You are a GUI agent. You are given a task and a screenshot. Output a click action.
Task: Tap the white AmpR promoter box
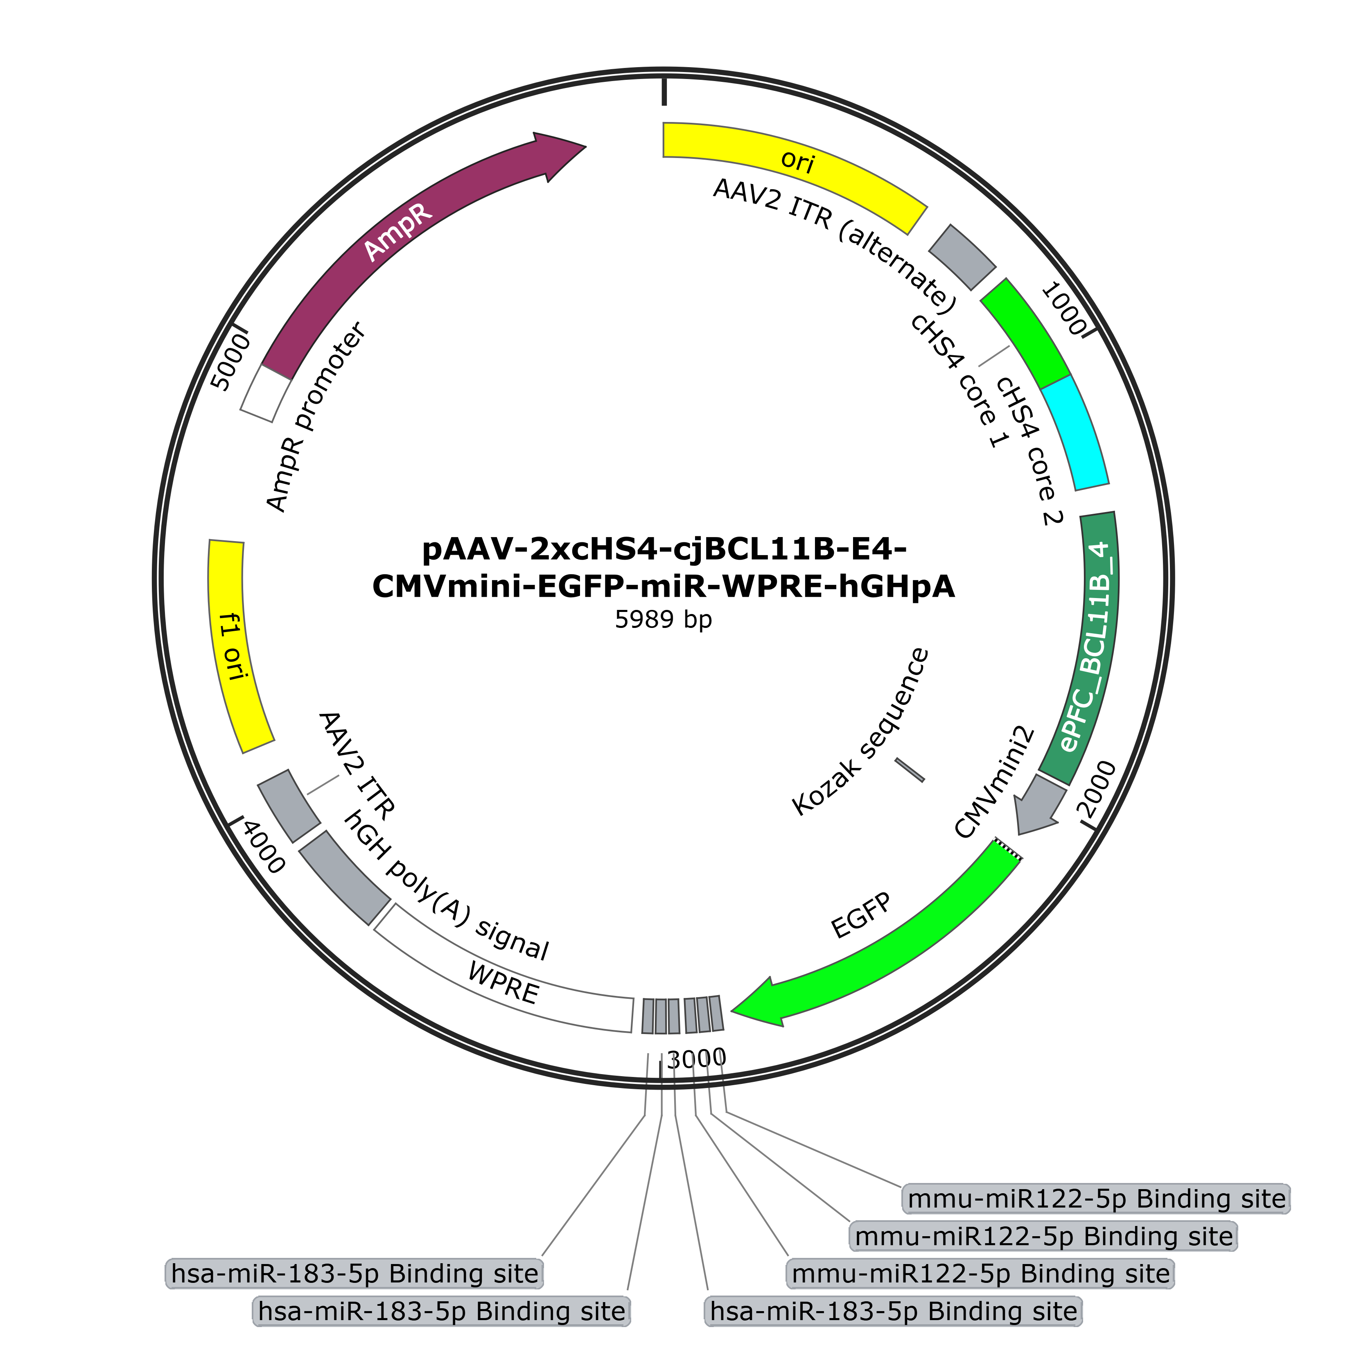[x=265, y=394]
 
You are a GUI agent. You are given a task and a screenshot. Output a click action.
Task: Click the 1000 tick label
[x=1063, y=308]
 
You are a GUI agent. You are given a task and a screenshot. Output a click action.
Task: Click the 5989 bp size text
[x=663, y=619]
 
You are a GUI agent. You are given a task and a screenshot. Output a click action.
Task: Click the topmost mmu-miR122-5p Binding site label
[x=1096, y=1199]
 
